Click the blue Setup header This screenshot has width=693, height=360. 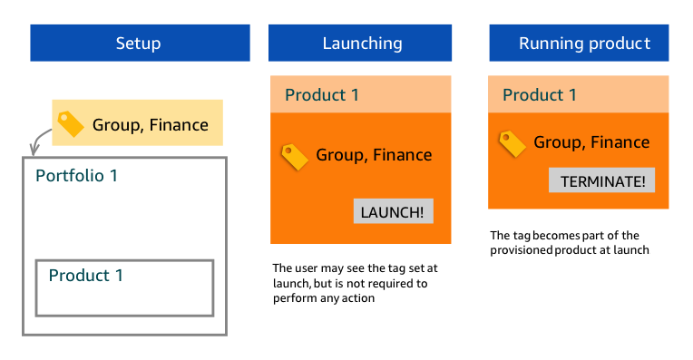pyautogui.click(x=139, y=43)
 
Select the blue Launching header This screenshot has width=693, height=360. pyautogui.click(x=362, y=43)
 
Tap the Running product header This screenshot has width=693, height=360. pyautogui.click(x=584, y=43)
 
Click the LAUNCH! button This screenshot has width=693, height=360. pyautogui.click(x=392, y=212)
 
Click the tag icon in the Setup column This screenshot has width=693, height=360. pyautogui.click(x=70, y=123)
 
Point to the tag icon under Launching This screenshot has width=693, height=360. pyautogui.click(x=295, y=156)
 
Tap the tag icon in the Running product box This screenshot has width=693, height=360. pyautogui.click(x=512, y=143)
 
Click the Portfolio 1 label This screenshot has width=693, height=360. pyautogui.click(x=76, y=175)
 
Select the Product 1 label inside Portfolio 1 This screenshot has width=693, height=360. pyautogui.click(x=85, y=275)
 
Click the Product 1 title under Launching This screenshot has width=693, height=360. pyautogui.click(x=322, y=94)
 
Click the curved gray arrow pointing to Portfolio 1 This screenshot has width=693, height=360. pyautogui.click(x=40, y=140)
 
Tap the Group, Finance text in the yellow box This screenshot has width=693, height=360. pyautogui.click(x=151, y=125)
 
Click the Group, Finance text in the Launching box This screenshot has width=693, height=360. pyautogui.click(x=374, y=155)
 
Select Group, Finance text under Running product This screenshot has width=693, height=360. pyautogui.click(x=591, y=141)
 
